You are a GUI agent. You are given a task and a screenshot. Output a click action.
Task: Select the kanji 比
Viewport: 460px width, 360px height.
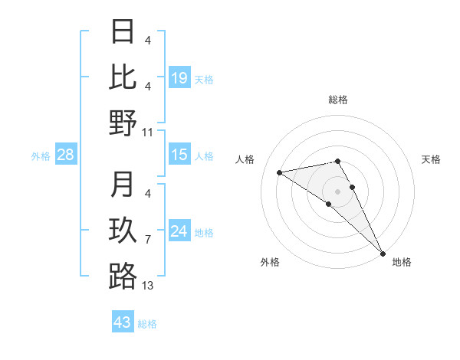tap(123, 77)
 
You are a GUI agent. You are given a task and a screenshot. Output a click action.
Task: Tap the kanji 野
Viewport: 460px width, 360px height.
tap(123, 123)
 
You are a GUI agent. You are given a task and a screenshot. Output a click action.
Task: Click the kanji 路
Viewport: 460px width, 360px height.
tap(123, 277)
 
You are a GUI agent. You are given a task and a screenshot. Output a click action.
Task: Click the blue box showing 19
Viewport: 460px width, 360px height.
tap(179, 77)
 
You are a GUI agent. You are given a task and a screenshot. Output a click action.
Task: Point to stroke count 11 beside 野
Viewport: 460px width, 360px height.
tap(148, 132)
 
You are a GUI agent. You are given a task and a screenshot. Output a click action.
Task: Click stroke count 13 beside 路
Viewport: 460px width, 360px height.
tap(148, 286)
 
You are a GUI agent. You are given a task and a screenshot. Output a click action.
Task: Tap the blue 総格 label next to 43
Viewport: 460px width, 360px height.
tap(147, 324)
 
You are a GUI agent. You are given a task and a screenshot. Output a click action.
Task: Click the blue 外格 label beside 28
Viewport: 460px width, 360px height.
tap(41, 156)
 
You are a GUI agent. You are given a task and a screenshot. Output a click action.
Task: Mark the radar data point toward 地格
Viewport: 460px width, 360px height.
tap(382, 253)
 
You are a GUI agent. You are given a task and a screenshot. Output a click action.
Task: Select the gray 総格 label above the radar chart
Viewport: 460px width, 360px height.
tap(337, 100)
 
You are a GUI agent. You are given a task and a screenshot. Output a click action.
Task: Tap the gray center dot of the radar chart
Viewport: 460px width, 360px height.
tap(337, 191)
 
